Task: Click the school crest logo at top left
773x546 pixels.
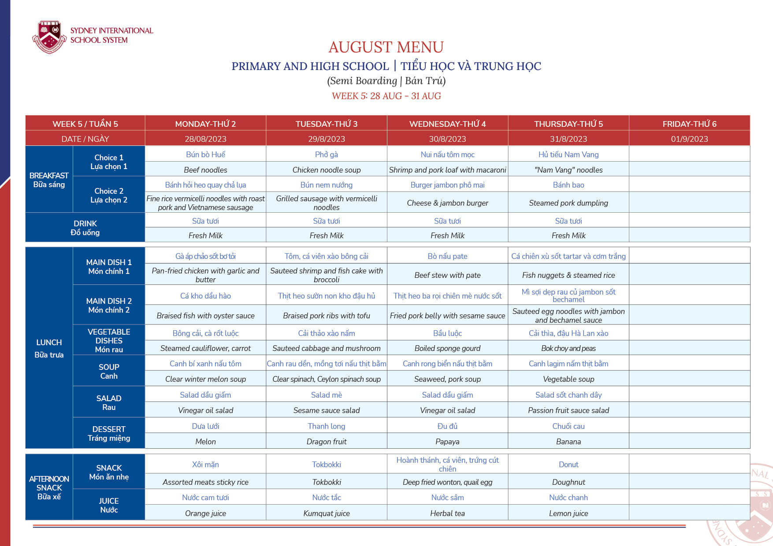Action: (x=49, y=37)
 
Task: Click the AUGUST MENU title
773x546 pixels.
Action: (x=386, y=47)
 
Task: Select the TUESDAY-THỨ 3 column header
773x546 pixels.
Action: (x=326, y=124)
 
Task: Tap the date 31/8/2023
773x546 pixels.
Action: (x=568, y=139)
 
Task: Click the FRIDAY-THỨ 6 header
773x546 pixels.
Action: (x=689, y=124)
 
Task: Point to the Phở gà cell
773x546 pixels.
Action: (x=326, y=155)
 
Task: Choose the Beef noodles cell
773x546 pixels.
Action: (x=205, y=170)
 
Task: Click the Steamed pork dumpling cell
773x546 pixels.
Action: (x=568, y=203)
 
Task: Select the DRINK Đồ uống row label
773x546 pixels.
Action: (x=85, y=228)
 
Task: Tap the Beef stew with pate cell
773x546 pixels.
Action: (x=447, y=275)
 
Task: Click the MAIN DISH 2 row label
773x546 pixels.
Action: (x=109, y=305)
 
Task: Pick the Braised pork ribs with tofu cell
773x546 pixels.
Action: (x=326, y=316)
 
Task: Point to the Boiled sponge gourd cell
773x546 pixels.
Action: (x=447, y=348)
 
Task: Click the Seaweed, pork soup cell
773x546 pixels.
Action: (x=447, y=379)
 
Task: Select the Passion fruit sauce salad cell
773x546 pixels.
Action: (x=568, y=410)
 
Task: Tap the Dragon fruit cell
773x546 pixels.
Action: (x=326, y=442)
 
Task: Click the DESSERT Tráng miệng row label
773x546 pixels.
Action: (x=109, y=433)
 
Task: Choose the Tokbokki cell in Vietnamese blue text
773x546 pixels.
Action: (x=326, y=465)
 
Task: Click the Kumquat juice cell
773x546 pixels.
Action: (x=326, y=513)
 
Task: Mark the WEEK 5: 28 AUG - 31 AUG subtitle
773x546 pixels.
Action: (x=386, y=96)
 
